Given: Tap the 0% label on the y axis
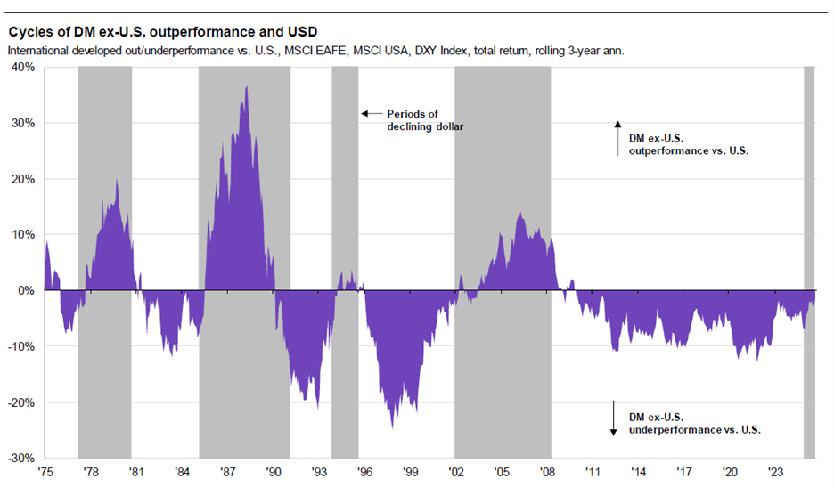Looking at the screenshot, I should click(26, 290).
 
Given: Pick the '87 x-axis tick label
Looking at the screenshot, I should click(227, 472).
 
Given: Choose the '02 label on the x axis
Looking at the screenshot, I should click(456, 472).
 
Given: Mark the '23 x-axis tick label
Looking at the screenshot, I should click(776, 472).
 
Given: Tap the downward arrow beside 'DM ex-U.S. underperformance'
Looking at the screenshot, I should click(613, 418).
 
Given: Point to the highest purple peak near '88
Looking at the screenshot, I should click(246, 87).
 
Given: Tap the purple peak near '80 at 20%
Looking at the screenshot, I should click(116, 180).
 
